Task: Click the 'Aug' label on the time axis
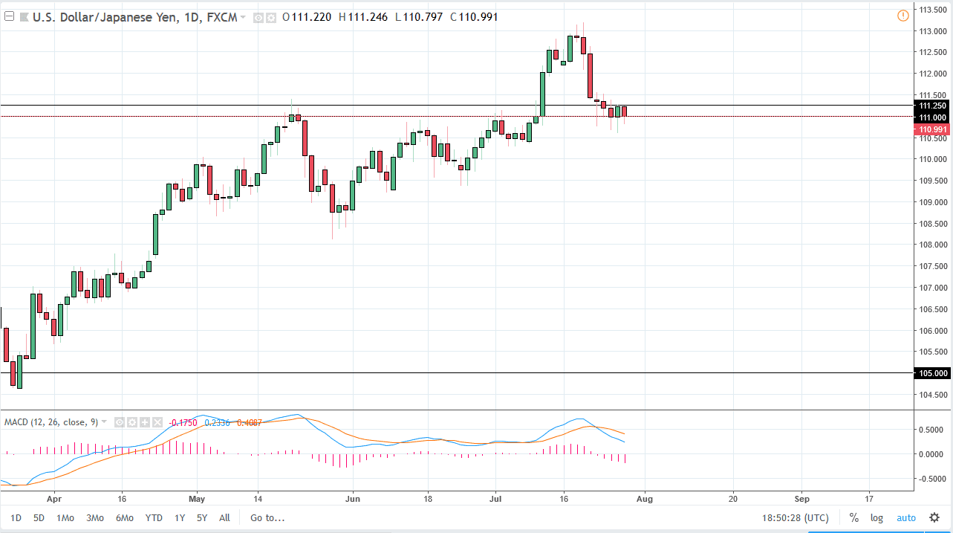coord(645,498)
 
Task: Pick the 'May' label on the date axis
coord(196,498)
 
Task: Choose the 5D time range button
coord(39,518)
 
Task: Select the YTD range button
coord(154,518)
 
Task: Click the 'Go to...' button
coord(267,518)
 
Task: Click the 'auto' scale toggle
coord(906,518)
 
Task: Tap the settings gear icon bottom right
coord(934,518)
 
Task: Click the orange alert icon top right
coord(903,16)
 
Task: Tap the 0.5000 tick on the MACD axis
coord(932,430)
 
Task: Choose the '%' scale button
coord(854,518)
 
